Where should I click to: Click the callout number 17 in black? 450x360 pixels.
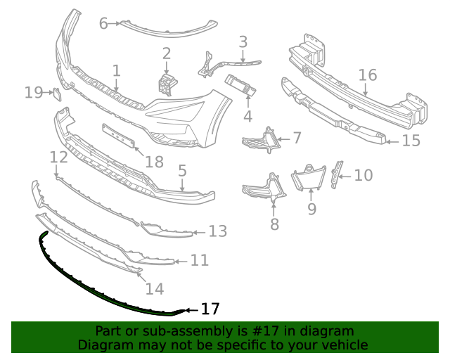tap(211, 309)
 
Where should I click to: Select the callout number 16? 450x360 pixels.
tap(368, 75)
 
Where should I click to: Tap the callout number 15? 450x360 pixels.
tap(411, 141)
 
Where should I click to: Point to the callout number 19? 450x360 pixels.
tap(34, 92)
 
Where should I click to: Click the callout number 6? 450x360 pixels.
tap(103, 24)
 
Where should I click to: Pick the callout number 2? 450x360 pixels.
tap(167, 53)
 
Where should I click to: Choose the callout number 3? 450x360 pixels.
tap(243, 42)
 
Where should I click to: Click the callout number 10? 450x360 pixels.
tap(363, 174)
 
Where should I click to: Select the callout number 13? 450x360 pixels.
tap(218, 231)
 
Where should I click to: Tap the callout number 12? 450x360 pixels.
tap(59, 157)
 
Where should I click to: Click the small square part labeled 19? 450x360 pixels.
tap(56, 92)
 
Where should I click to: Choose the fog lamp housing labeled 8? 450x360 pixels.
tap(262, 191)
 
